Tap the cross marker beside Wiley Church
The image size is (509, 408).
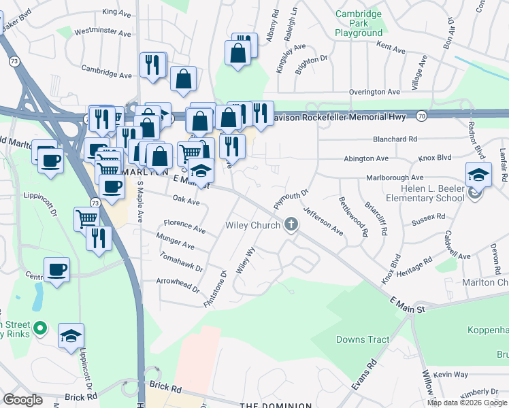coord(291,224)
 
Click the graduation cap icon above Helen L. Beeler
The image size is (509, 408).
coord(478,174)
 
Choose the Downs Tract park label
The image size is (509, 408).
coord(363,339)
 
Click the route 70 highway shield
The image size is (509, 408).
coord(422,116)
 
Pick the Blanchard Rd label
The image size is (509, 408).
coord(394,139)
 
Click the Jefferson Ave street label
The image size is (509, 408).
coord(323,221)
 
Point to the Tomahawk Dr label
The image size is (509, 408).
coord(180,262)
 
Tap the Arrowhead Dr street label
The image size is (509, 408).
coord(177,284)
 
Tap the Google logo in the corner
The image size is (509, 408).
coord(22,400)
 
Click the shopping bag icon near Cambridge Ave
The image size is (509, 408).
coord(184,79)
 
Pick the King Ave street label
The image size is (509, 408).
coord(116,12)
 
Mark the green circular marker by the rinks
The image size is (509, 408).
coord(40,329)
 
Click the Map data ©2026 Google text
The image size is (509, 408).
coord(467,403)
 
